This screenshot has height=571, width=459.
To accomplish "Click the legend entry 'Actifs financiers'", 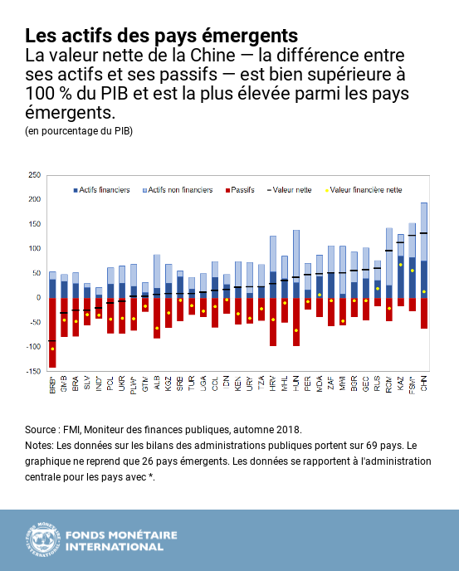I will (x=103, y=190).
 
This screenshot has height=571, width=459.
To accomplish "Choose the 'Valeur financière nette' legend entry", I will (x=365, y=190).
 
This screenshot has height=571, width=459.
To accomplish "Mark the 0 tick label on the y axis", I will (x=37, y=297).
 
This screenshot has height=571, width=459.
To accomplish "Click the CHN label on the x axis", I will (x=424, y=384).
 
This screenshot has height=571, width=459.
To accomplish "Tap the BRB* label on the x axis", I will (x=52, y=386).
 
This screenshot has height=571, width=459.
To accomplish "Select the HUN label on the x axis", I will (x=295, y=384).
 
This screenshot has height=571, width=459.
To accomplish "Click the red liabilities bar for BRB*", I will (x=52, y=332).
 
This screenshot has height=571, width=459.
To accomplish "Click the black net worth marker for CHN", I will (x=424, y=233).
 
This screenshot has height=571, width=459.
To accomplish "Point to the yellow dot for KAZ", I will (x=401, y=266).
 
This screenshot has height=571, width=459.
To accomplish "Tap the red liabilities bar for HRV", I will (x=273, y=321).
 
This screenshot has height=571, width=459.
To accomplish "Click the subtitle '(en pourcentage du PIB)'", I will (x=78, y=131).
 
